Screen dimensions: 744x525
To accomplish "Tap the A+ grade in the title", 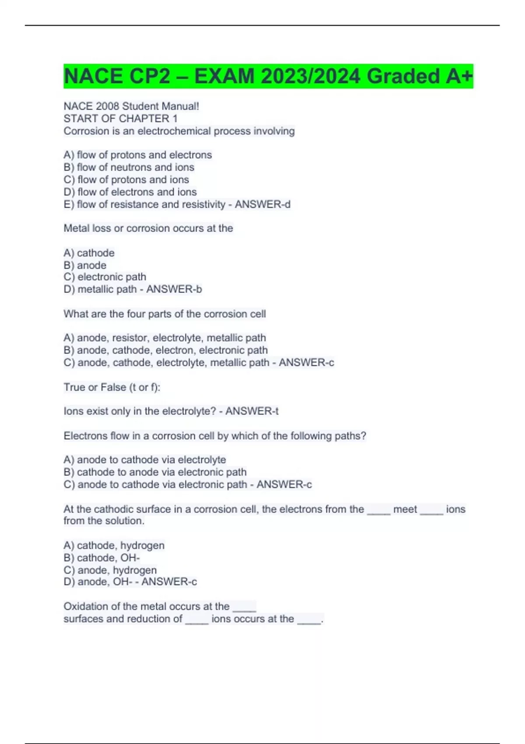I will (x=459, y=77).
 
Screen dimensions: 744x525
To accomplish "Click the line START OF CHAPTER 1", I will (x=120, y=119).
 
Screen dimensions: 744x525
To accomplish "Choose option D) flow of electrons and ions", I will (x=130, y=192).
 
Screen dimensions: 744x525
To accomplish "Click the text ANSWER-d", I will (x=262, y=204).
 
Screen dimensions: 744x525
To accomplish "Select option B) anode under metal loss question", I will (x=85, y=265).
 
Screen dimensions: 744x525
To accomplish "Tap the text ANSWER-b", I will (x=174, y=289).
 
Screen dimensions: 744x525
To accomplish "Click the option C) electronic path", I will (x=105, y=277).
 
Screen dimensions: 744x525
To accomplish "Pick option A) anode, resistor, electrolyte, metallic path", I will (x=164, y=338).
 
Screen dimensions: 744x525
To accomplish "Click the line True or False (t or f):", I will (x=112, y=387).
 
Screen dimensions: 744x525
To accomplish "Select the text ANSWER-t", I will (x=252, y=411).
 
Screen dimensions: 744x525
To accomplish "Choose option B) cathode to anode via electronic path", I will (x=155, y=472).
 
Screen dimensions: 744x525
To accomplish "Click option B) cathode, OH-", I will (x=101, y=558).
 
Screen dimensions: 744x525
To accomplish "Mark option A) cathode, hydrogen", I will (x=114, y=545).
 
